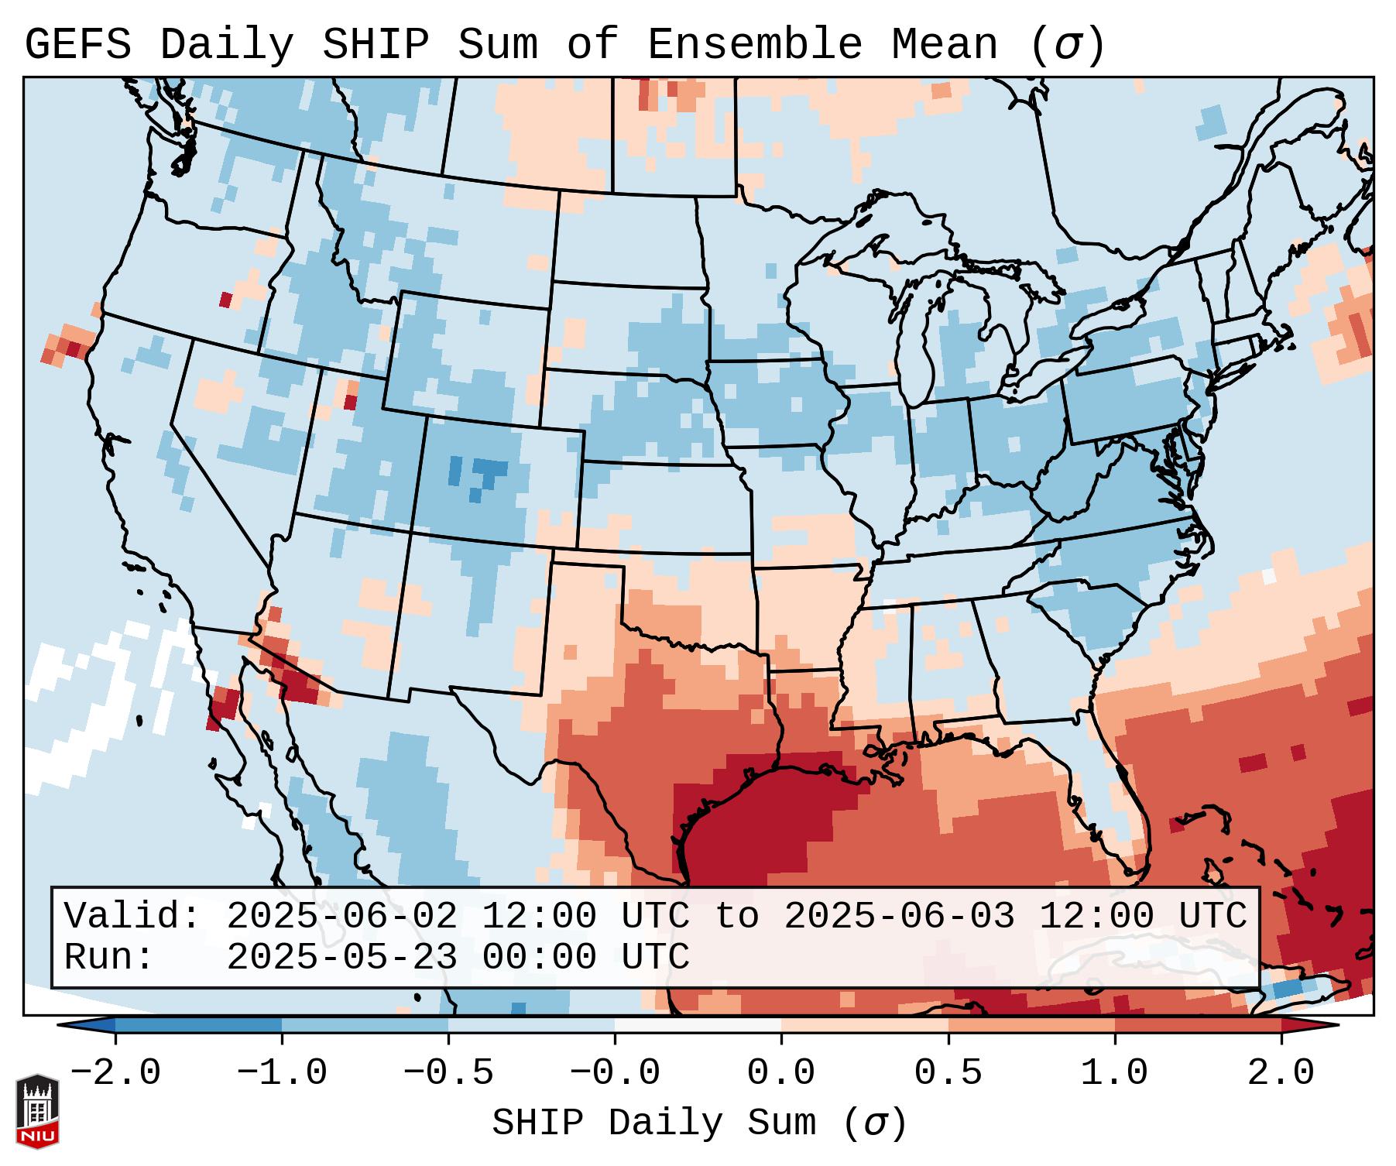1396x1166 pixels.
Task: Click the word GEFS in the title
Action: [x=77, y=45]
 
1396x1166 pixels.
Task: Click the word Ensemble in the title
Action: [x=754, y=45]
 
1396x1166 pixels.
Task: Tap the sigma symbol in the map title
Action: [x=1066, y=45]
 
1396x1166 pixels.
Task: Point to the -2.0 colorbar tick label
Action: [x=115, y=1073]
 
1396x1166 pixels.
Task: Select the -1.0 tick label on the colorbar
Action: [x=282, y=1073]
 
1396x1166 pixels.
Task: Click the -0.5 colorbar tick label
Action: [x=448, y=1073]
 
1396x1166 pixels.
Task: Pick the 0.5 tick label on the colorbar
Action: [x=948, y=1073]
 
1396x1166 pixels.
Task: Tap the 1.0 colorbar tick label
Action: [x=1114, y=1073]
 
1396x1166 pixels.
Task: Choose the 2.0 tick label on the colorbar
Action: [x=1281, y=1073]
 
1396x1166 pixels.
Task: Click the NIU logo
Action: [x=37, y=1111]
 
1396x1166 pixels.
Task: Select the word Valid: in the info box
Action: [x=132, y=916]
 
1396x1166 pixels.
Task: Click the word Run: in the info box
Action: [x=109, y=957]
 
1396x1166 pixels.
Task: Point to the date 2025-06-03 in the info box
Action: [x=899, y=916]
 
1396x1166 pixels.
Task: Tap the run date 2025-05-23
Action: [x=341, y=957]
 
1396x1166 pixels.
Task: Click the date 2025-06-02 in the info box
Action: [x=341, y=916]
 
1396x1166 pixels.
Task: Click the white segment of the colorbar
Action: [x=698, y=1025]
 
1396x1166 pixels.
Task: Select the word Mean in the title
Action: [x=944, y=45]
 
